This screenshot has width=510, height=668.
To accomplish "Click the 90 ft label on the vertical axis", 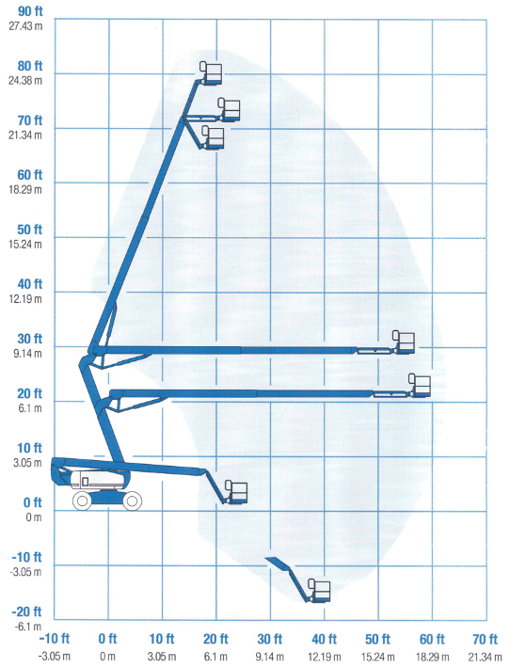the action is (x=30, y=11).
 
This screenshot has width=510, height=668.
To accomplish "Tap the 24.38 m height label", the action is (x=25, y=81).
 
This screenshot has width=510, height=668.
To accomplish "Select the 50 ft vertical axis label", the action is (x=29, y=230).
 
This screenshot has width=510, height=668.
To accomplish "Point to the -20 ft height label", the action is (x=26, y=612).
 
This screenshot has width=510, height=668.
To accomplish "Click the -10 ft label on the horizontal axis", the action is (x=55, y=639).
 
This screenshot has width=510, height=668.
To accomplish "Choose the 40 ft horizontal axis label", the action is (x=324, y=639).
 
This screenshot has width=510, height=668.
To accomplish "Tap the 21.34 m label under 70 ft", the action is (x=485, y=657).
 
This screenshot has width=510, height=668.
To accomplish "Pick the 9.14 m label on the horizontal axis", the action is (x=270, y=657).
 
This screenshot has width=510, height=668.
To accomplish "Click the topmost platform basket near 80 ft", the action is (x=211, y=72).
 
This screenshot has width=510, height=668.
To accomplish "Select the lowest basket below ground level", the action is (x=319, y=590).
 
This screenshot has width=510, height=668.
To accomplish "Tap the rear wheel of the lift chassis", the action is (x=82, y=501).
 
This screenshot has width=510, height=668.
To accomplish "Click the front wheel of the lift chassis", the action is (x=132, y=501).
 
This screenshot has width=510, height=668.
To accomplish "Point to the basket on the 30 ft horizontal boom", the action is (x=403, y=342).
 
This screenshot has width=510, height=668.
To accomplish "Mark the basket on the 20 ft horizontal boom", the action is (x=420, y=386).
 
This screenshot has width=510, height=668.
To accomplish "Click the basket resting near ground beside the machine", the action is (x=236, y=492).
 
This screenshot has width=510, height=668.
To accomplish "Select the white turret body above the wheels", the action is (x=96, y=480).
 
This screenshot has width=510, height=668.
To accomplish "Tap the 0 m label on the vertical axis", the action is (x=34, y=517).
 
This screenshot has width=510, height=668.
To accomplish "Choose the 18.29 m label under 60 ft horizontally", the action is (x=432, y=657).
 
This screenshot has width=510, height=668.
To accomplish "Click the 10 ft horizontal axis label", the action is (x=162, y=639).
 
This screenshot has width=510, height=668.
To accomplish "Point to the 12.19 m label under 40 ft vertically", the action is (x=25, y=299).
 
